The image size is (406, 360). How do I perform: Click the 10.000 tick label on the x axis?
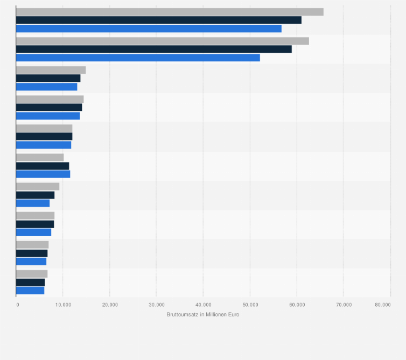(x=62, y=305)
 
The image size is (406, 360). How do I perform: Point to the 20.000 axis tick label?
(x=109, y=305)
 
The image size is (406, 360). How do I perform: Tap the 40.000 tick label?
(x=203, y=305)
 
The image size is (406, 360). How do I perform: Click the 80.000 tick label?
(x=383, y=305)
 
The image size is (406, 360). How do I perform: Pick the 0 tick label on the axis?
(x=18, y=305)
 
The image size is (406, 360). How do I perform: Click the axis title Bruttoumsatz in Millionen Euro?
(x=203, y=314)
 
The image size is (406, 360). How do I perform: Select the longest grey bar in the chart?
(x=170, y=12)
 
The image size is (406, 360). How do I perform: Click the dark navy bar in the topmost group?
(x=159, y=20)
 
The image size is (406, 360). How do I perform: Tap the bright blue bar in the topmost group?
(x=149, y=29)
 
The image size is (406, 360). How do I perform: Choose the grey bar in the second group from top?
(x=162, y=41)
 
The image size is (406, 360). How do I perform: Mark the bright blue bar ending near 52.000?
(x=138, y=58)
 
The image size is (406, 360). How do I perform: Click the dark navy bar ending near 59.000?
(x=153, y=49)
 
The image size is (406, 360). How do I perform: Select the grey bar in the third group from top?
(x=51, y=70)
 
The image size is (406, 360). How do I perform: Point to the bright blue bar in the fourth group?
(x=48, y=116)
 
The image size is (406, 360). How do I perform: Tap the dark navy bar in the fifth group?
(x=44, y=136)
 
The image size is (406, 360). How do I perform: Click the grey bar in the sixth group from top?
(x=40, y=157)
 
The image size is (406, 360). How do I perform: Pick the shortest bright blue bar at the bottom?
(x=30, y=291)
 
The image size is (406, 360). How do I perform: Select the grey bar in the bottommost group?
(x=32, y=274)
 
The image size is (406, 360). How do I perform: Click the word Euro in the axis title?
(x=233, y=314)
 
